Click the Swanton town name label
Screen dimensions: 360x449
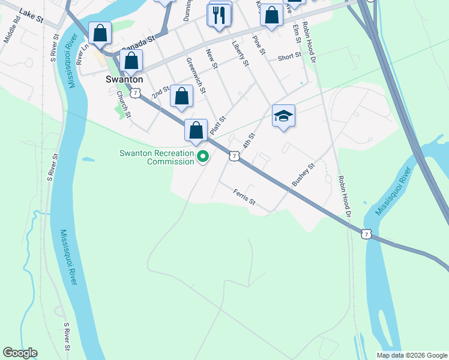[x=124, y=79]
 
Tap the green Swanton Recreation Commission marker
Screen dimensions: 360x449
[x=203, y=157]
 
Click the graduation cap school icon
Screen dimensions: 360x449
[x=283, y=116]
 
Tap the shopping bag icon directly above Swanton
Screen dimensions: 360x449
[x=131, y=61]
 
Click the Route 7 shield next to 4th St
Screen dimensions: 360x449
[x=234, y=155]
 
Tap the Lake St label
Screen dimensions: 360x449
[x=31, y=16]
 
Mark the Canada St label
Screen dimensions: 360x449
[x=138, y=43]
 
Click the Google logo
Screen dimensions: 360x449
[x=20, y=353]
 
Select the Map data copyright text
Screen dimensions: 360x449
[x=412, y=355]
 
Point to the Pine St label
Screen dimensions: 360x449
[x=259, y=44]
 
